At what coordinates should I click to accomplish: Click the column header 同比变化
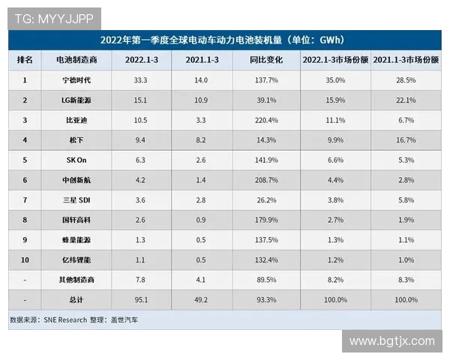coord(265,59)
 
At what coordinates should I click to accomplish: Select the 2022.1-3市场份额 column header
coord(335,59)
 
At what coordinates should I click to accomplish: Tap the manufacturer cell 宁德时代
coord(76,79)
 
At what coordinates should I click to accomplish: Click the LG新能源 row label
coord(76,100)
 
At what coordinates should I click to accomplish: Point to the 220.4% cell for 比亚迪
coord(266,120)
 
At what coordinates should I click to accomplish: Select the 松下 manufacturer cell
coord(76,139)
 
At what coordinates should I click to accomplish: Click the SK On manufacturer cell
coord(76,160)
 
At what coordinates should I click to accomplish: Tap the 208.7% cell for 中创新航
coord(266,180)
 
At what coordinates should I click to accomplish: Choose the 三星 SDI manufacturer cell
coord(76,200)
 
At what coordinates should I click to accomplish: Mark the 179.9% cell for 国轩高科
coord(266,220)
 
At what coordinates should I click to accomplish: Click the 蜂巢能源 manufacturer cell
coord(76,240)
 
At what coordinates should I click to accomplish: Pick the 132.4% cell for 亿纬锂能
coord(266,260)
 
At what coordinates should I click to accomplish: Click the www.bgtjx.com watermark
coord(391,341)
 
